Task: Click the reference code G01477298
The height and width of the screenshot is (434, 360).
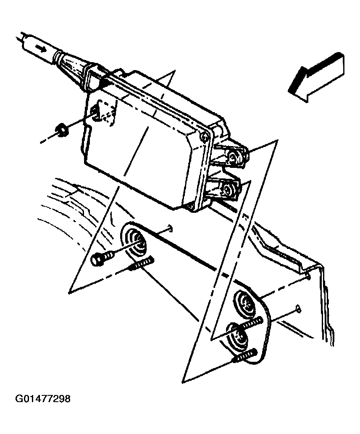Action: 43,398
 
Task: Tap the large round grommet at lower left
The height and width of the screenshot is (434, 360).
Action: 135,243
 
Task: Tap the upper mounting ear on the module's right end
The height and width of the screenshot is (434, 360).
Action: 234,156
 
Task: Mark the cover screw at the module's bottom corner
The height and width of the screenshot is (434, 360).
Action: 189,205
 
